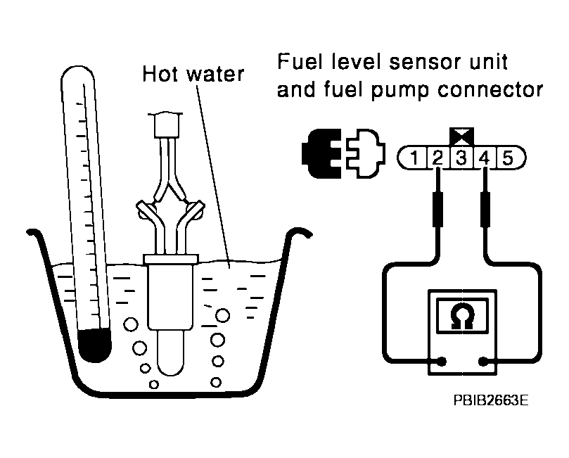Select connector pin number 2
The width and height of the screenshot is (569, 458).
pyautogui.click(x=437, y=157)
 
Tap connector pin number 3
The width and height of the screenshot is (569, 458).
pyautogui.click(x=461, y=157)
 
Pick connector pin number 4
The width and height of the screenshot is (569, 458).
pyautogui.click(x=484, y=157)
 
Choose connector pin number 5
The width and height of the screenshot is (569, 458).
pyautogui.click(x=508, y=157)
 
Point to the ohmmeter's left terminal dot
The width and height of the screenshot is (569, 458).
pyautogui.click(x=441, y=362)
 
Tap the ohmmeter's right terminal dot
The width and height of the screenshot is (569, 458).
pyautogui.click(x=484, y=362)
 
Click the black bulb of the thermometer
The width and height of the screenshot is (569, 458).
pyautogui.click(x=95, y=344)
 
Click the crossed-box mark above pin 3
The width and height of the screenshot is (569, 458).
pyautogui.click(x=461, y=135)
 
